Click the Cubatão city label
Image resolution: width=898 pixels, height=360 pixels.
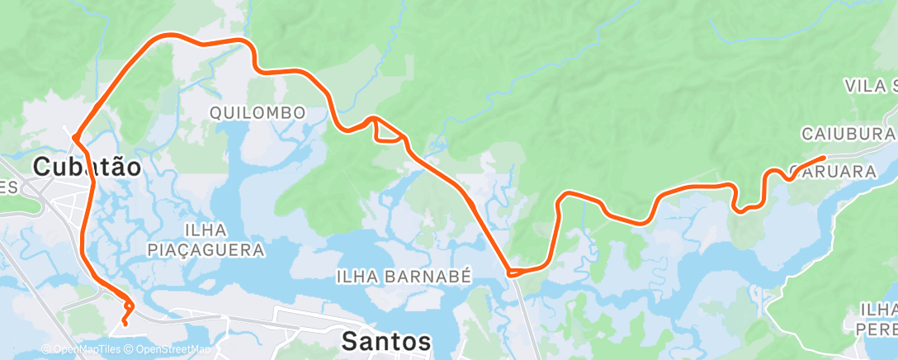click(87, 168)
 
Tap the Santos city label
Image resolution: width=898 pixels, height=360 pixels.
click(386, 341)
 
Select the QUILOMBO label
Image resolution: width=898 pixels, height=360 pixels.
click(258, 112)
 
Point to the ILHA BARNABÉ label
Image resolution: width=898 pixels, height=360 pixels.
click(404, 277)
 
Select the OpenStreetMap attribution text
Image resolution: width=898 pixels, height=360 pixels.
click(170, 350)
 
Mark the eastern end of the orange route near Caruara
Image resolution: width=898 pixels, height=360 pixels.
click(823, 157)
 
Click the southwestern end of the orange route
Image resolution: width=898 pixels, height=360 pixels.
click(125, 323)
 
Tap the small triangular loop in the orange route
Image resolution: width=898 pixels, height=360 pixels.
click(389, 132)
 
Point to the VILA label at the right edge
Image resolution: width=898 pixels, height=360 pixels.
click(871, 86)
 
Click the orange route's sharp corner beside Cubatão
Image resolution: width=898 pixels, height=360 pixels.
click(74, 135)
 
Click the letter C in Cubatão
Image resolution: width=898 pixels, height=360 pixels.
click(42, 168)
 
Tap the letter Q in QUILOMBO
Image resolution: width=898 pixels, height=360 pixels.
click(216, 112)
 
